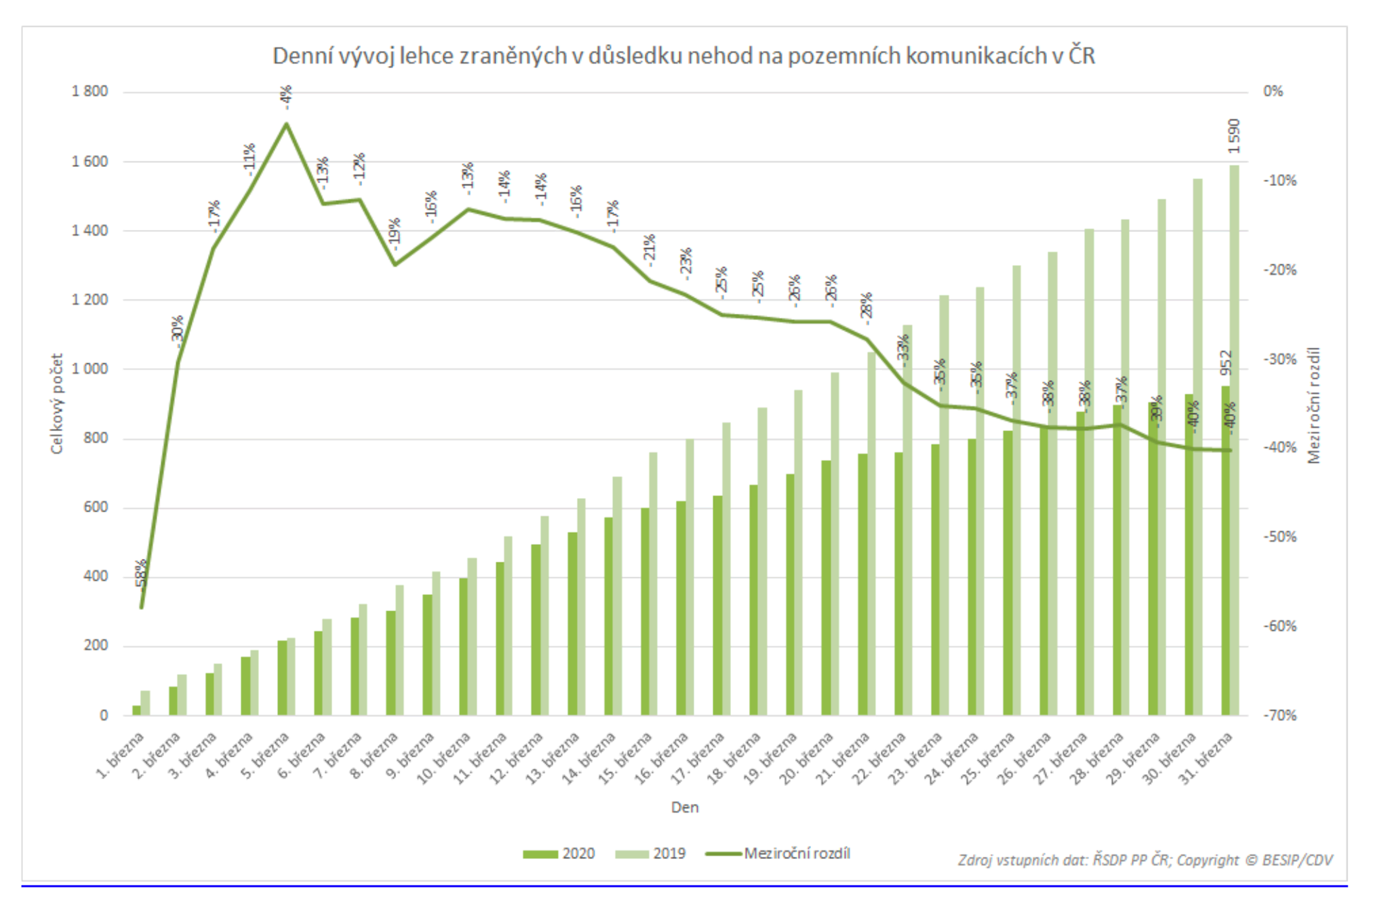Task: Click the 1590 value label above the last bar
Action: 1233,136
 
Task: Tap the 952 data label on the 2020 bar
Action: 1226,363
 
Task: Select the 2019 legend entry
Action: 651,853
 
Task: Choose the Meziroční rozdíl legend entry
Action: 779,853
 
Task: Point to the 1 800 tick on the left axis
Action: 89,92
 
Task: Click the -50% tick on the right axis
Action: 1279,537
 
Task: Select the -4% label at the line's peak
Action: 286,98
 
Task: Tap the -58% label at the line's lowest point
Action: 141,576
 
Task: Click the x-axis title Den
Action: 684,807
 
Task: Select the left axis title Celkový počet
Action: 57,403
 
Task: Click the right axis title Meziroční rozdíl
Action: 1313,406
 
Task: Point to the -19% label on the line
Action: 395,232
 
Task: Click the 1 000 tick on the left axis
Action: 89,369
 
